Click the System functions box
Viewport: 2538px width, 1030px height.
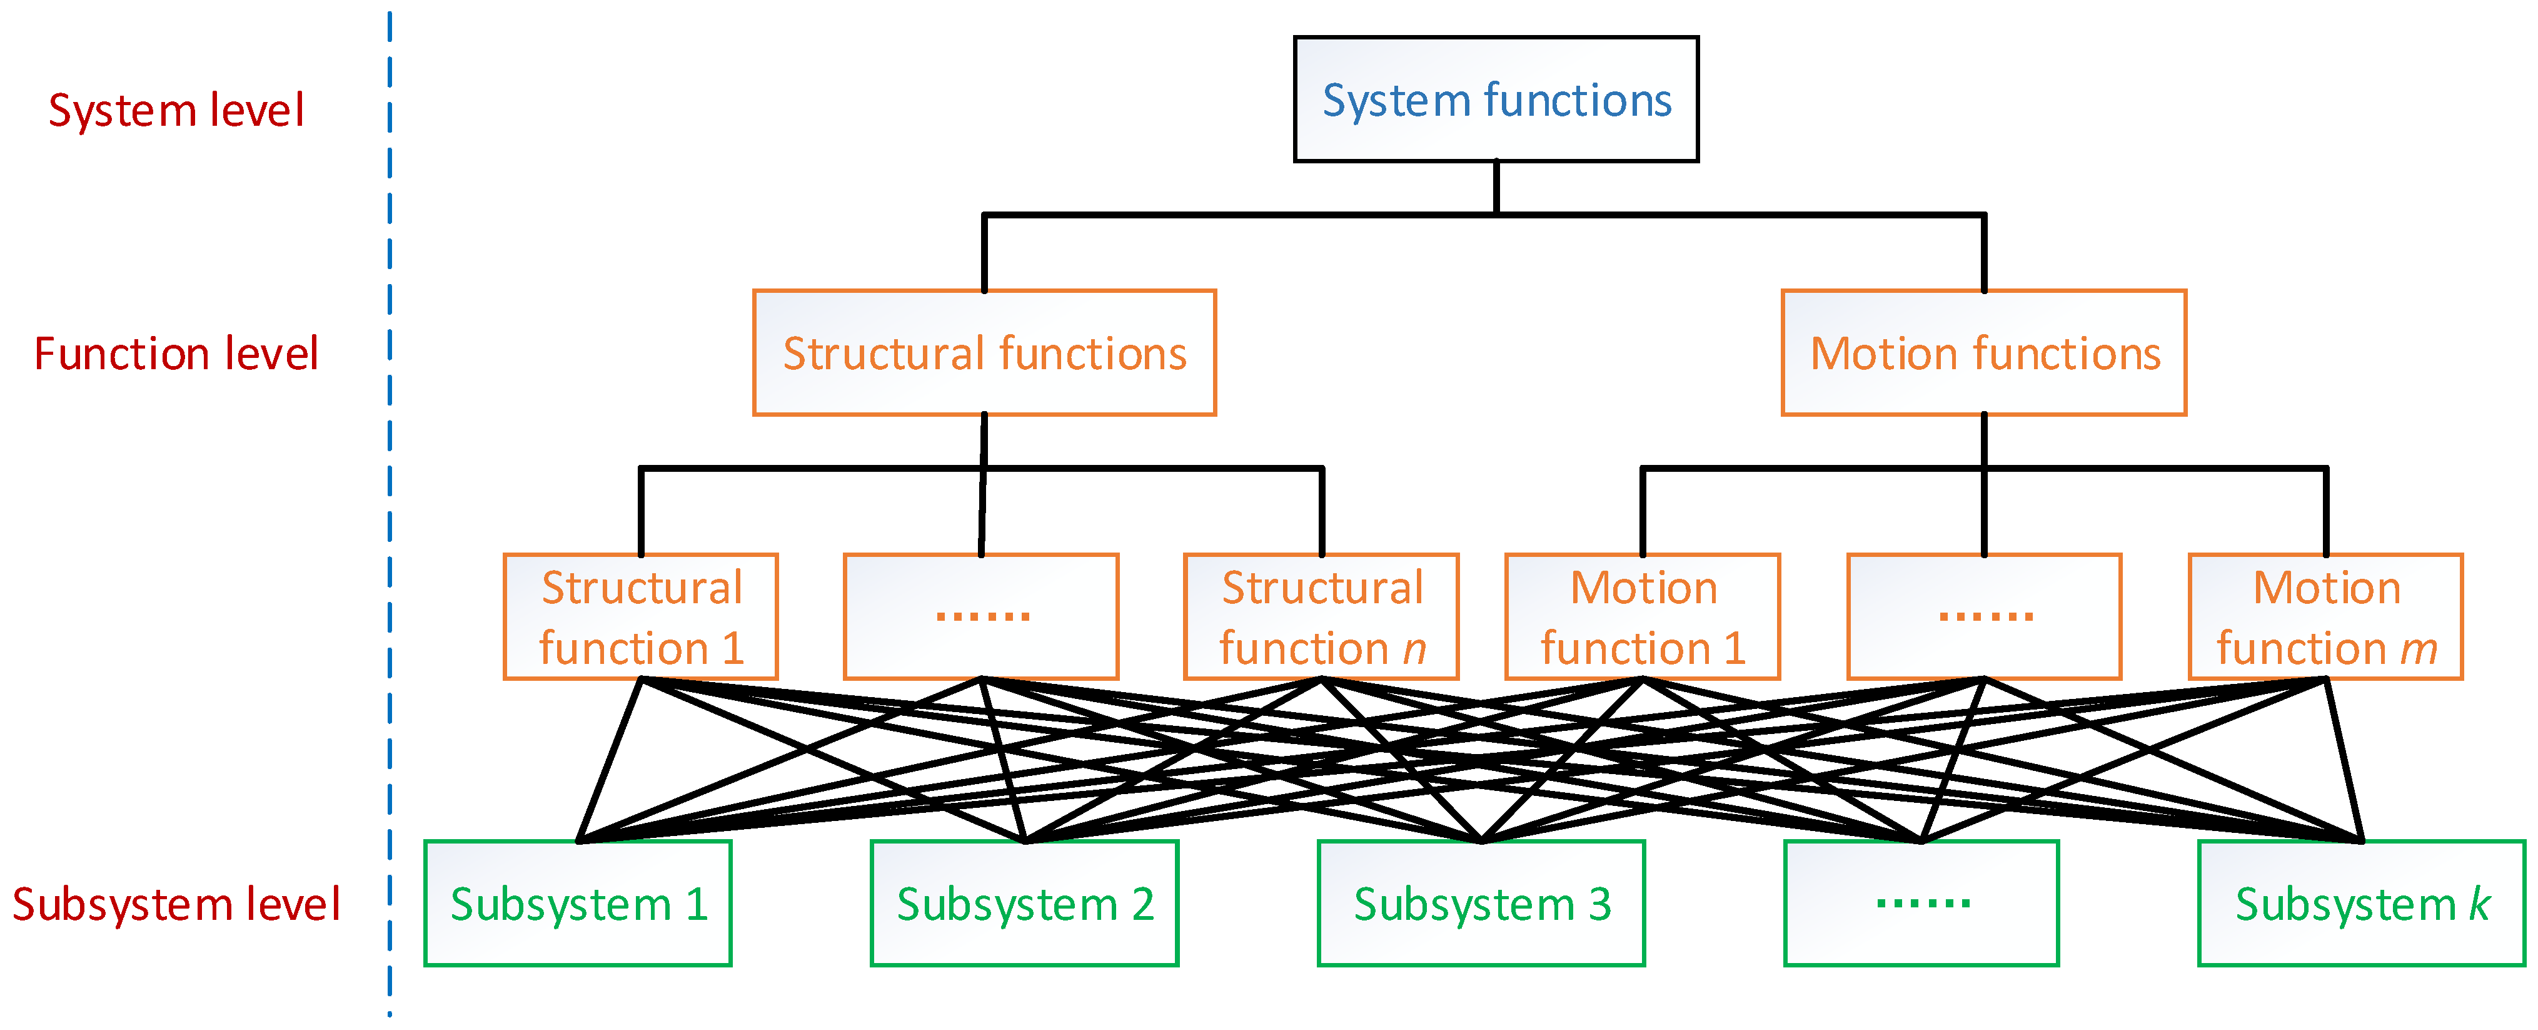click(x=1496, y=99)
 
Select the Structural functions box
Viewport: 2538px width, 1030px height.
click(x=984, y=353)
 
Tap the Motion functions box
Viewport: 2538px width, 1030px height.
click(x=1983, y=353)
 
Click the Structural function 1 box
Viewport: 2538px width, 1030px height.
click(x=640, y=617)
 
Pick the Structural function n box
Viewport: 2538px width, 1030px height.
click(x=1321, y=617)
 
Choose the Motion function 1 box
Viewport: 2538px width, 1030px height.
click(x=1643, y=617)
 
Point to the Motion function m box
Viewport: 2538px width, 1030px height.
click(x=2325, y=617)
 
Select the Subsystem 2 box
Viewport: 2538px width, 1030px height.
click(x=1025, y=903)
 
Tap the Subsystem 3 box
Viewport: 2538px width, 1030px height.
click(x=1481, y=903)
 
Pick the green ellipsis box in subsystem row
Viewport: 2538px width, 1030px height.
click(x=1921, y=903)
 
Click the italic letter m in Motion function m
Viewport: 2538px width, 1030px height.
click(x=2418, y=648)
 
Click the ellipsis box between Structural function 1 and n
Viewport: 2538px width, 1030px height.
click(x=981, y=617)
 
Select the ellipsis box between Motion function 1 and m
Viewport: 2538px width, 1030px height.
click(x=1984, y=617)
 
